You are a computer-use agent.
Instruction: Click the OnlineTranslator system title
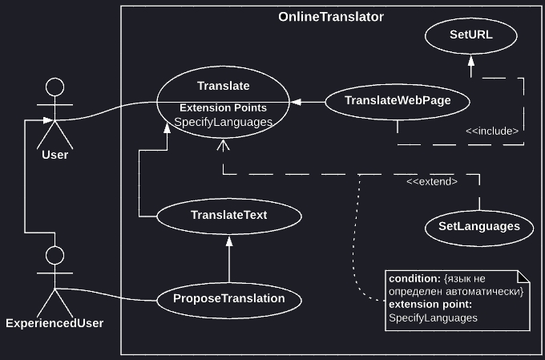click(x=330, y=17)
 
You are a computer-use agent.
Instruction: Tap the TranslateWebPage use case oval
click(x=397, y=101)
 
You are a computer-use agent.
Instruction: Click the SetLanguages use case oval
click(x=478, y=227)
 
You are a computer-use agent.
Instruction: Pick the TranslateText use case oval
click(x=228, y=216)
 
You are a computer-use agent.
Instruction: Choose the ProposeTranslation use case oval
click(x=228, y=297)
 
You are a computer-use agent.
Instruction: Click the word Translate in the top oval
click(x=223, y=86)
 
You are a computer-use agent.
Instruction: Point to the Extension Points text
click(x=223, y=107)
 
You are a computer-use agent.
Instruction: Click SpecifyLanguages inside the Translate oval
click(x=223, y=122)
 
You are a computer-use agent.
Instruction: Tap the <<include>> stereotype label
click(x=492, y=130)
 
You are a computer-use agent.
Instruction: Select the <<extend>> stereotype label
click(x=431, y=182)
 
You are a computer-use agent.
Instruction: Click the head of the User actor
click(x=54, y=87)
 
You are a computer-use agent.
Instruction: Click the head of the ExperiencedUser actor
click(x=54, y=256)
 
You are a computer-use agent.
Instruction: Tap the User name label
click(x=54, y=155)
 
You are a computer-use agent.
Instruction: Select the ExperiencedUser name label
click(x=54, y=323)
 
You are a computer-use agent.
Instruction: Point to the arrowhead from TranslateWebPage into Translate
click(x=297, y=102)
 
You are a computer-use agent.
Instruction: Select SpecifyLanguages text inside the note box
click(x=433, y=318)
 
